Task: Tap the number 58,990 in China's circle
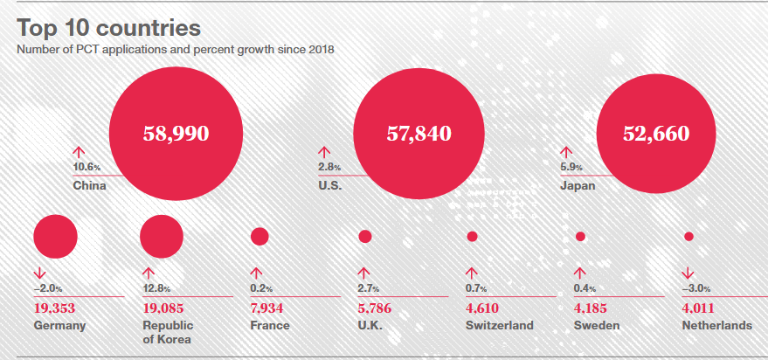(176, 134)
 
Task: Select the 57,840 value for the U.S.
(419, 134)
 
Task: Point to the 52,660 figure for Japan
(656, 134)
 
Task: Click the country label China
(89, 185)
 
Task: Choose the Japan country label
(578, 185)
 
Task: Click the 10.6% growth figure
(87, 167)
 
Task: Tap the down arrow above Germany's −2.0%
(40, 272)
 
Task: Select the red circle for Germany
(55, 236)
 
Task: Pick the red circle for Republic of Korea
(161, 236)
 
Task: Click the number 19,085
(165, 308)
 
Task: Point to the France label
(270, 326)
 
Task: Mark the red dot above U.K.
(365, 236)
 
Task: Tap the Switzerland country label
(500, 326)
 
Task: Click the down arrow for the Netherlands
(688, 272)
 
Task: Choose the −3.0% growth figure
(696, 288)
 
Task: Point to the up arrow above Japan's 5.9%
(566, 151)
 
